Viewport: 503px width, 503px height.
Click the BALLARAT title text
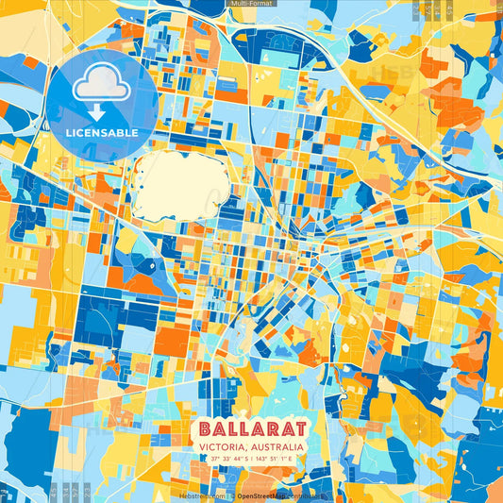pos(251,426)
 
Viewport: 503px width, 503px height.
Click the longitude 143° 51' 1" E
pos(279,459)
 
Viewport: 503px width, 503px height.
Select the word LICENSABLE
pos(101,132)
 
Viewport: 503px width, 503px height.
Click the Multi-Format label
pos(251,5)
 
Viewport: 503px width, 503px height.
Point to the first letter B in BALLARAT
pos(205,426)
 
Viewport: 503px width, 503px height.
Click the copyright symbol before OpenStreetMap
pos(232,495)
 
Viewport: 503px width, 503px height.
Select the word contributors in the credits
pos(305,495)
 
